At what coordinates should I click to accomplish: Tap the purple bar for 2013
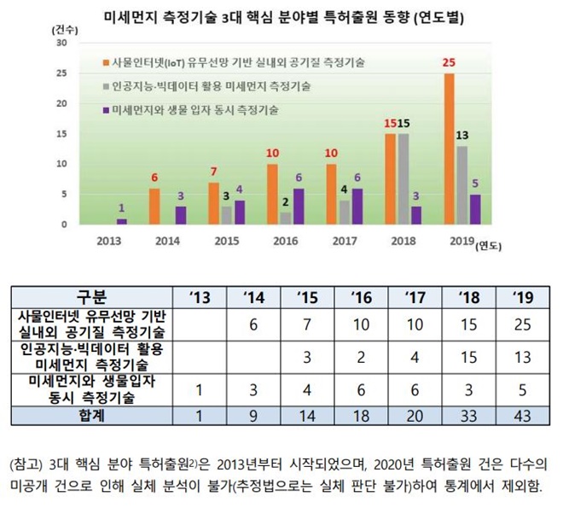[121, 221]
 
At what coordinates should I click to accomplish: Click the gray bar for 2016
[285, 219]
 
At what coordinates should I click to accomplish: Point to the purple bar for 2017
[356, 207]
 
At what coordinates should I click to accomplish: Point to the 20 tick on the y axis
[61, 103]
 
